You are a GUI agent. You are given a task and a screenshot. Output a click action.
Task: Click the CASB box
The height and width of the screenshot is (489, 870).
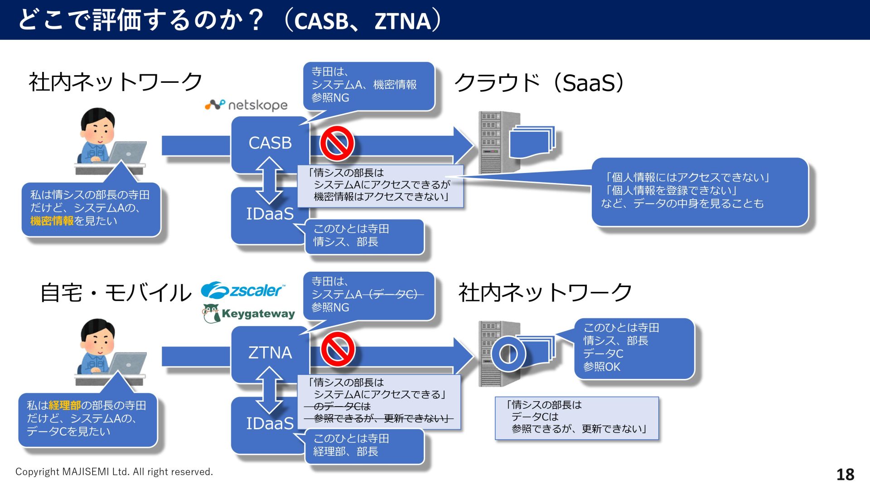point(270,143)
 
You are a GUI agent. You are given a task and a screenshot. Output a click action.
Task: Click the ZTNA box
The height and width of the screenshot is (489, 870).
point(270,353)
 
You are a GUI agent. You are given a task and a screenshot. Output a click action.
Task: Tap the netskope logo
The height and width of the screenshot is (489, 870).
point(246,105)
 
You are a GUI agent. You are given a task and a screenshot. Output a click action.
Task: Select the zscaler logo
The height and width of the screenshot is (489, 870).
point(243,290)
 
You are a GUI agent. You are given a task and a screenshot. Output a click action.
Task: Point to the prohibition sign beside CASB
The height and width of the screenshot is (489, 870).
point(337,144)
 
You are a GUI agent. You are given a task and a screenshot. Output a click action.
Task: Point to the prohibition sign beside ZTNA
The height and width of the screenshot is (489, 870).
point(338,349)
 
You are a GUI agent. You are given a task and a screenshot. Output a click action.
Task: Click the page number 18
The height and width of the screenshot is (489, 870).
point(845,474)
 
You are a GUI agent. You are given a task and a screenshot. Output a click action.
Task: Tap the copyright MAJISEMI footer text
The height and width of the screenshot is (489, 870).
point(114,472)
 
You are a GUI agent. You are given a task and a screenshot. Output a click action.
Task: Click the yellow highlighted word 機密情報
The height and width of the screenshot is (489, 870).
point(52,221)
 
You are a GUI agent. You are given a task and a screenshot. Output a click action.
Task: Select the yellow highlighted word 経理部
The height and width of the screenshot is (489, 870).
point(64,405)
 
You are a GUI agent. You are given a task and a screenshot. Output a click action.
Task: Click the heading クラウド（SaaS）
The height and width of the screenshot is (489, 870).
point(539,83)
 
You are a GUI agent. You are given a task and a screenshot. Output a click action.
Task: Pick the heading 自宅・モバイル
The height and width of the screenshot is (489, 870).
point(116,292)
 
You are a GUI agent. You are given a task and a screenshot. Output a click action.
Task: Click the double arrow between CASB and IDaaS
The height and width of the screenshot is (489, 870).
point(269,180)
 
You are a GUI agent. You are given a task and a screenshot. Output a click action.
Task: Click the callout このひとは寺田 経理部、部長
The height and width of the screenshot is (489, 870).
point(365,446)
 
